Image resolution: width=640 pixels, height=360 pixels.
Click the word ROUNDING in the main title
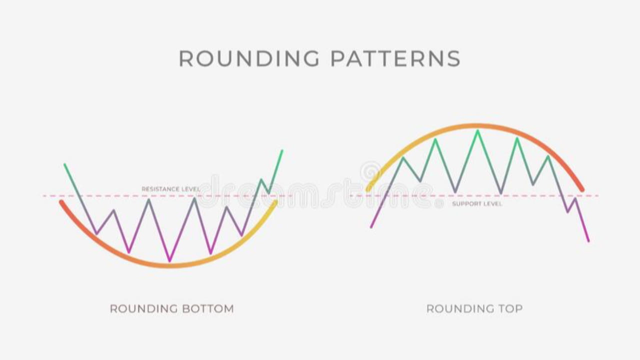click(x=248, y=58)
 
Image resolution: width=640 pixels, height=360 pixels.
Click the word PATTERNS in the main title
click(x=395, y=58)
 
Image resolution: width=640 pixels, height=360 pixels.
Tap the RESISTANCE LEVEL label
click(x=170, y=189)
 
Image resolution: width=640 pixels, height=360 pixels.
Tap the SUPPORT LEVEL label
click(x=477, y=204)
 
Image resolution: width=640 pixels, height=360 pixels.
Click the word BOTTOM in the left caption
click(x=208, y=308)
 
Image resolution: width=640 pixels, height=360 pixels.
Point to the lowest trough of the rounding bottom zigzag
click(x=170, y=260)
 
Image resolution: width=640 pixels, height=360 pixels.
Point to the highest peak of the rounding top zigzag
click(x=477, y=131)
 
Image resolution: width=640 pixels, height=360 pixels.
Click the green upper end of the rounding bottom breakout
click(x=282, y=150)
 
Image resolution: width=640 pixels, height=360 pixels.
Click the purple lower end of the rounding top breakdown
click(x=588, y=241)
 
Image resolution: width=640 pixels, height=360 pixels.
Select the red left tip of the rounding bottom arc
click(x=61, y=202)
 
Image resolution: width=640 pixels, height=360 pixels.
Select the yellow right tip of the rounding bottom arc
click(x=275, y=202)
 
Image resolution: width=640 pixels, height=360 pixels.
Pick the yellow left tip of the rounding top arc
click(x=368, y=190)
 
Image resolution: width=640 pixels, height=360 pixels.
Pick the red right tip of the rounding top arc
click(x=582, y=190)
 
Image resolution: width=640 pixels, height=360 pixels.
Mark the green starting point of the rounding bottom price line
click(x=64, y=164)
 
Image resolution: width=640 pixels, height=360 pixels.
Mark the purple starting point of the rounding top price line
click(x=371, y=227)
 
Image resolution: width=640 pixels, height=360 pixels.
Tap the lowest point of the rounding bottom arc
click(x=170, y=265)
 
